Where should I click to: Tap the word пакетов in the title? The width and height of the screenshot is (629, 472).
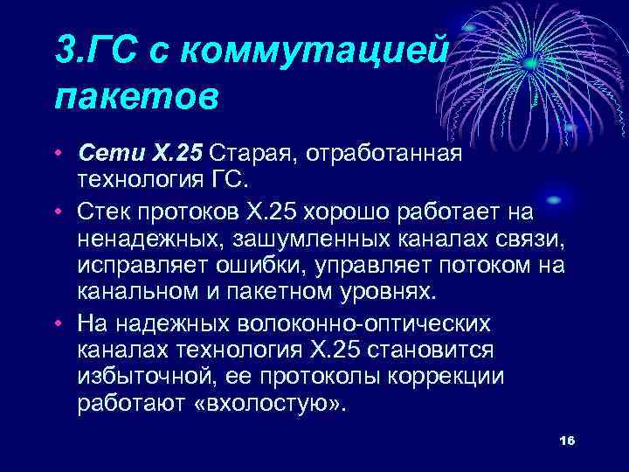(x=135, y=94)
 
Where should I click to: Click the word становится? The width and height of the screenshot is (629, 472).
(x=439, y=350)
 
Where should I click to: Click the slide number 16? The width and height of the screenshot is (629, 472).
(x=565, y=440)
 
